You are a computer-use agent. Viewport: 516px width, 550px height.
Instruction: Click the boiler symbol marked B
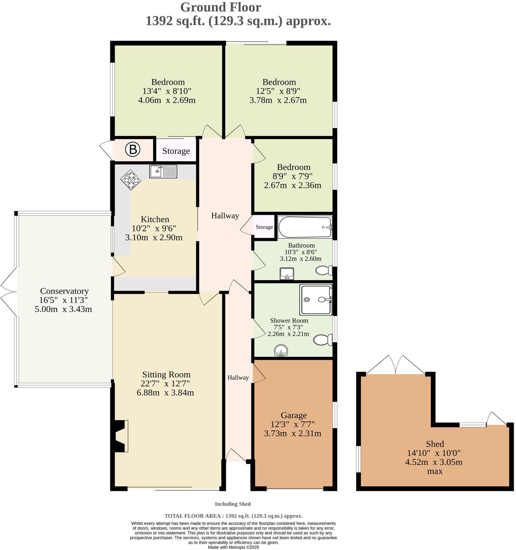[133, 150]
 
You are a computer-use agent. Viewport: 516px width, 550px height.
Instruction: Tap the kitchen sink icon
[163, 171]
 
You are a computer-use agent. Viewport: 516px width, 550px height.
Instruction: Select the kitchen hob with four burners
[131, 180]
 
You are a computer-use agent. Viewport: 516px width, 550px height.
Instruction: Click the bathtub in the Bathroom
[304, 227]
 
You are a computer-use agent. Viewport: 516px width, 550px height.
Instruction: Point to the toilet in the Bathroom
[324, 270]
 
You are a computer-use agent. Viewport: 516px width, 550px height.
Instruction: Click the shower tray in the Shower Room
[316, 300]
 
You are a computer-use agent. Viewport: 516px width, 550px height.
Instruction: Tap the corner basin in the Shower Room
[281, 350]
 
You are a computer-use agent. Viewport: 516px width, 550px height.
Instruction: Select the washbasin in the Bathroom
[287, 273]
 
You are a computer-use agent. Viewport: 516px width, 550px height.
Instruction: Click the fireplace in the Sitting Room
[121, 436]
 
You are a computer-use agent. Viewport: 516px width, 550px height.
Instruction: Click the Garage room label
[293, 415]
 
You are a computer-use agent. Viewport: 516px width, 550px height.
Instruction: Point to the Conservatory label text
[64, 291]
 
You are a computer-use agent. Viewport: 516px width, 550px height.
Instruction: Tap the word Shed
[435, 444]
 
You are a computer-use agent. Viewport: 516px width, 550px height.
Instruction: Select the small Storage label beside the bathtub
[264, 227]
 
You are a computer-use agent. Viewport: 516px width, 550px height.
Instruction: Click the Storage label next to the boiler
[176, 151]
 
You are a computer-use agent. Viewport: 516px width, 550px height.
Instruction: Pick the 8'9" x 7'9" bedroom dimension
[292, 176]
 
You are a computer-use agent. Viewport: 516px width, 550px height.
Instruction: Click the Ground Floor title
[220, 7]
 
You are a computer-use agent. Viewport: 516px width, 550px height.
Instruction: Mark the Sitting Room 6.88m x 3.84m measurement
[165, 393]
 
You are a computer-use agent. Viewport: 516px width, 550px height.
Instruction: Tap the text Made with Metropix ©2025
[233, 547]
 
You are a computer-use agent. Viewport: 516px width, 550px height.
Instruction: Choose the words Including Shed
[232, 504]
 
